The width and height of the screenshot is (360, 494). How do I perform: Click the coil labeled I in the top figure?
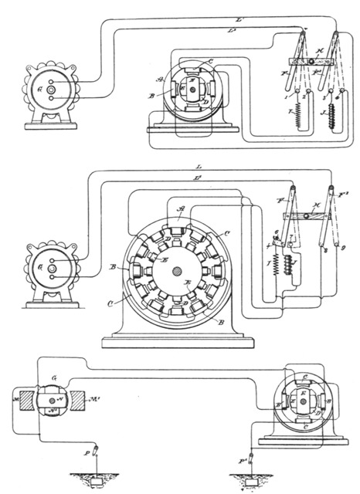pyautogui.click(x=288, y=122)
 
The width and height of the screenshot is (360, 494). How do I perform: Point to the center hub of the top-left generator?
pyautogui.click(x=51, y=90)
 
